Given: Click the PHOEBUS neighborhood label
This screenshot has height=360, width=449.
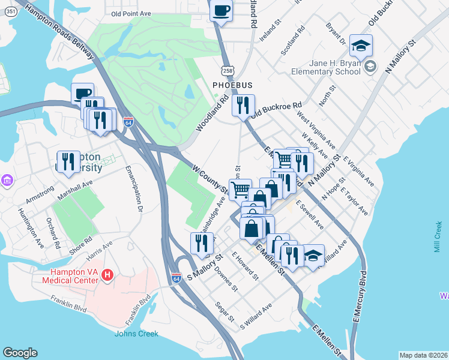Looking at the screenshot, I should pyautogui.click(x=232, y=85).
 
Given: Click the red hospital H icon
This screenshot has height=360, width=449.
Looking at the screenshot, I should pyautogui.click(x=107, y=275).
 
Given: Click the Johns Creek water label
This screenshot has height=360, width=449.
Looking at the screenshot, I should pyautogui.click(x=137, y=334).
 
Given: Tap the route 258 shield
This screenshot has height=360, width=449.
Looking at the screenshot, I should pyautogui.click(x=227, y=71).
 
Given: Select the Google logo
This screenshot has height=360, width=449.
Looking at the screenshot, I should pyautogui.click(x=20, y=353).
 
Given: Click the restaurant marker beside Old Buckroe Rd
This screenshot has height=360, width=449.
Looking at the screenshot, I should pyautogui.click(x=243, y=106).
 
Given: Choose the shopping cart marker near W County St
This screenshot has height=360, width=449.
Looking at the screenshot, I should pyautogui.click(x=240, y=190).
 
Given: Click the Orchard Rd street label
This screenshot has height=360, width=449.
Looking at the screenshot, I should pyautogui.click(x=53, y=233).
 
